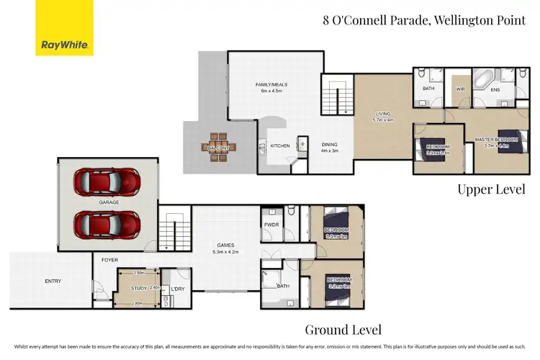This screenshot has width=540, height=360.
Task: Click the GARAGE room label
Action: [109, 202]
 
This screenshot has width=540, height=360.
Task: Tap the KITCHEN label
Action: [280, 146]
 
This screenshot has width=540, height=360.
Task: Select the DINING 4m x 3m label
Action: [329, 147]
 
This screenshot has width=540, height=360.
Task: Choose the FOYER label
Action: [109, 260]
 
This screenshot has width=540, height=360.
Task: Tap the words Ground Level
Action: [343, 330]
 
